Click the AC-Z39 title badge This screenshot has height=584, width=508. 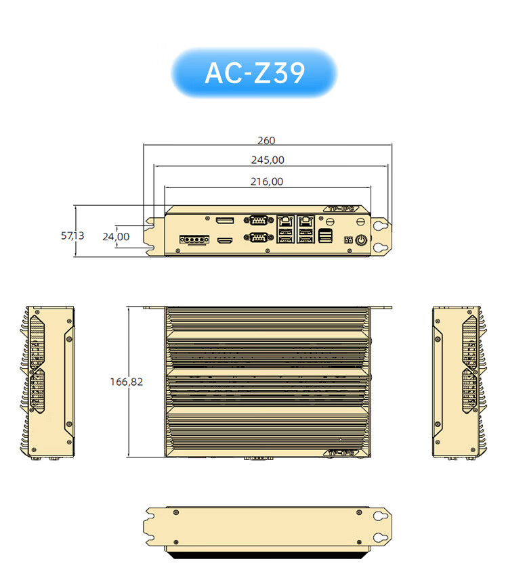click(x=254, y=72)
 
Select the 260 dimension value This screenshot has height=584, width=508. click(x=266, y=141)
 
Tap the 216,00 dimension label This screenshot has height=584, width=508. click(x=267, y=181)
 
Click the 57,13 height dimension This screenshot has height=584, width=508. click(x=72, y=235)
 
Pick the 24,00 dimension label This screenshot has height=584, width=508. click(x=116, y=237)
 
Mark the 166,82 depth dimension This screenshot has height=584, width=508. click(x=127, y=382)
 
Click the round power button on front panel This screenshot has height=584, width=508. click(x=362, y=240)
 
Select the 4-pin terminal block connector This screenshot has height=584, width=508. click(x=192, y=240)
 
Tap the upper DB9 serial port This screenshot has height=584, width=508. click(x=258, y=220)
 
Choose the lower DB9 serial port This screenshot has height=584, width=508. click(x=258, y=236)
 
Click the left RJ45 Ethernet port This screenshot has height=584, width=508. click(x=286, y=221)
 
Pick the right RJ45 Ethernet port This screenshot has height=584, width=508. click(x=307, y=221)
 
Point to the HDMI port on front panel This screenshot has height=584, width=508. click(x=224, y=240)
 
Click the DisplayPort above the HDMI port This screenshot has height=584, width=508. click(x=224, y=221)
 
